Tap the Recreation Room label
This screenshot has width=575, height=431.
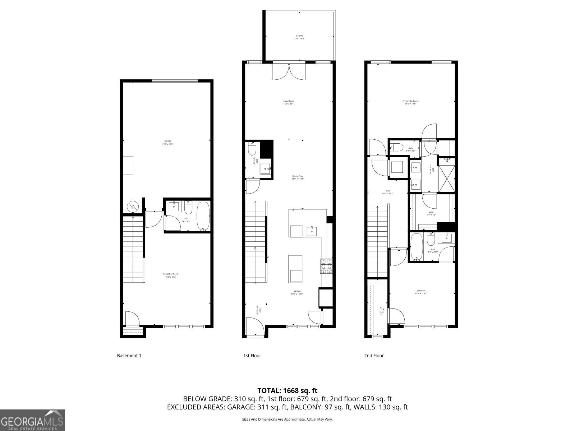click(x=171, y=275)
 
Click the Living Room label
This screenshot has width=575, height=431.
click(x=289, y=102)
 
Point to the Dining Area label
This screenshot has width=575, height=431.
click(x=298, y=177)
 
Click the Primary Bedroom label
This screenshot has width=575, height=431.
click(x=410, y=102)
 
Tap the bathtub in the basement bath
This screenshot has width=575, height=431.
click(x=203, y=217)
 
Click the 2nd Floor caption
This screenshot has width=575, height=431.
click(x=374, y=356)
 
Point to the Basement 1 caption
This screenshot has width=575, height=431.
click(x=129, y=356)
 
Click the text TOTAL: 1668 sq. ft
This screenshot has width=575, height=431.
click(x=287, y=390)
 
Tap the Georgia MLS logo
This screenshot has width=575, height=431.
click(x=32, y=420)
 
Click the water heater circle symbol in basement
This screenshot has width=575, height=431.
click(x=133, y=207)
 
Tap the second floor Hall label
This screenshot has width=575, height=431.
click(x=388, y=192)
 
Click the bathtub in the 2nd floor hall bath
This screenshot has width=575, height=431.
click(x=417, y=247)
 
